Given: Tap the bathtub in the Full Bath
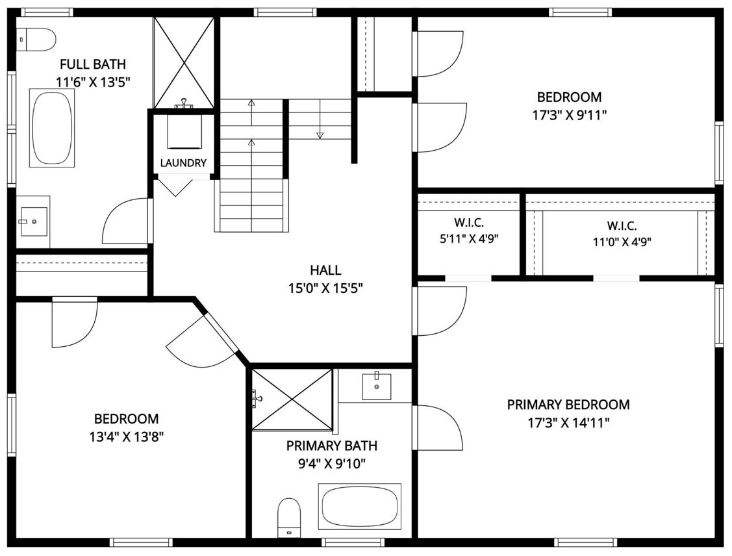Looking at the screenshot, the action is [x=52, y=128].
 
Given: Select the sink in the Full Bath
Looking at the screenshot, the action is [x=33, y=221].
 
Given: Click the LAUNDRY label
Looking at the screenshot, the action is [x=183, y=163].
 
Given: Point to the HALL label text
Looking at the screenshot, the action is [x=325, y=270].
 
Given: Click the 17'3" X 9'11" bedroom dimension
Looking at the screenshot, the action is [x=570, y=116].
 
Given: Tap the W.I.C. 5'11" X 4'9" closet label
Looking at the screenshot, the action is [x=469, y=231].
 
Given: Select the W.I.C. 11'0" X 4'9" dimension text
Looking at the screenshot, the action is [x=622, y=242].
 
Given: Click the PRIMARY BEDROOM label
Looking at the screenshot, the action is [x=568, y=404].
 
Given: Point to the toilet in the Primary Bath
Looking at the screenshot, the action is [x=289, y=518].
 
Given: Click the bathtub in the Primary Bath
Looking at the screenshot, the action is [x=359, y=507].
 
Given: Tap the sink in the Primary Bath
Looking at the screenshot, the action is [x=377, y=386].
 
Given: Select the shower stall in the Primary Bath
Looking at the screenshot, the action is [x=292, y=399].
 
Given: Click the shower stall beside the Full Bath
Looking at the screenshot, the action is [x=184, y=62].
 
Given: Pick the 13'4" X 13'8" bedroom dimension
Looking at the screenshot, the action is [x=127, y=437].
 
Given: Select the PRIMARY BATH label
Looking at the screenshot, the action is [x=331, y=446].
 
